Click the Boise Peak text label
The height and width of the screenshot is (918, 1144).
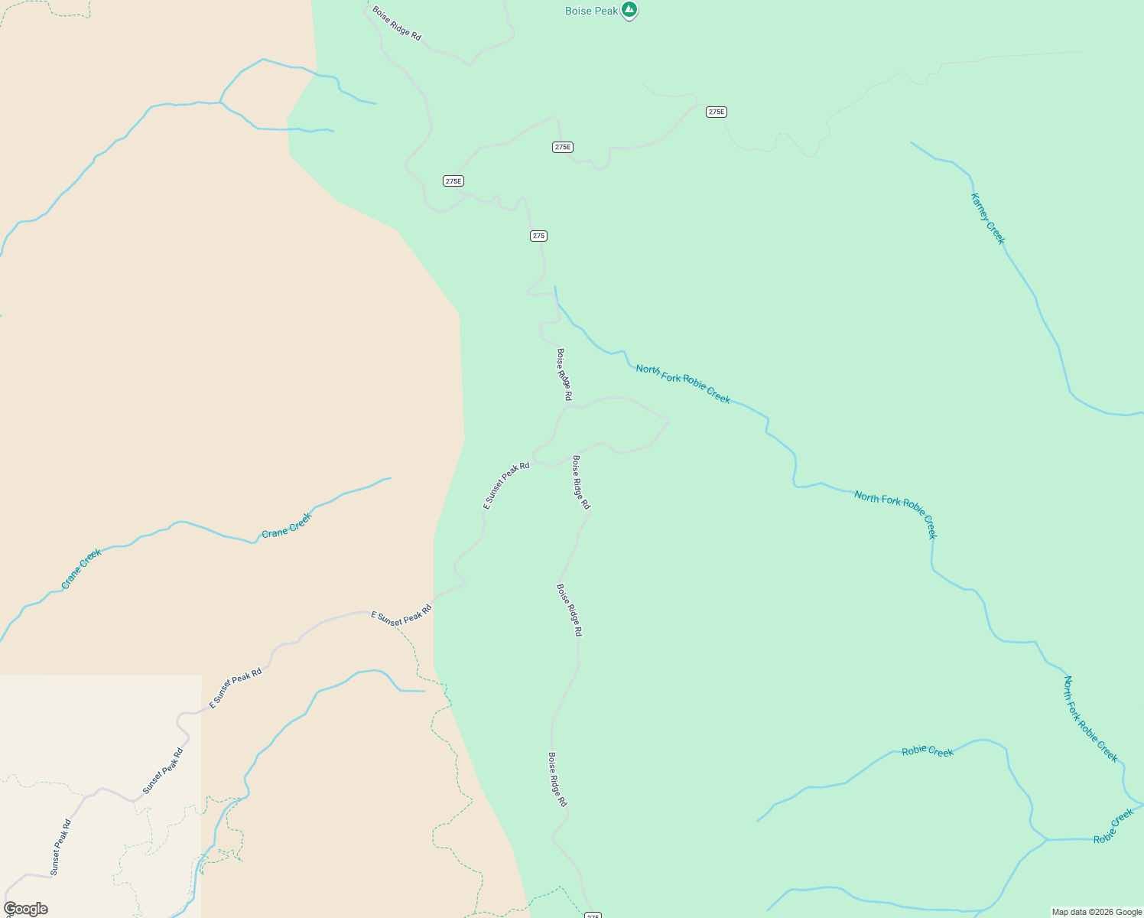click(591, 11)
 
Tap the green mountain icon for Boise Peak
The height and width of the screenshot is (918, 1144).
click(629, 10)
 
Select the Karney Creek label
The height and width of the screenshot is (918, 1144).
click(987, 219)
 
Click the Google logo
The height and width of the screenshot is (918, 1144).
click(25, 909)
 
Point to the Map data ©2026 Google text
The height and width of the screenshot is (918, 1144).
click(1097, 912)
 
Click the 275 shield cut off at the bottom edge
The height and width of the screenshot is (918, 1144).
click(593, 915)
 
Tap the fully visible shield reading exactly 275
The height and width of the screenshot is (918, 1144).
click(538, 236)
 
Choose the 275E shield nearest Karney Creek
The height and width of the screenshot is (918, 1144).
click(716, 112)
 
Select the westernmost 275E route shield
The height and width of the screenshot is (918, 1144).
click(453, 181)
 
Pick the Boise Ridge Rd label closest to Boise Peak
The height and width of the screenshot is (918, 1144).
click(397, 24)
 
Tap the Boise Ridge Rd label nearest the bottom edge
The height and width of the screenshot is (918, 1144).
click(557, 780)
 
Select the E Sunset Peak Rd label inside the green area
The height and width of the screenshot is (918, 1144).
click(506, 486)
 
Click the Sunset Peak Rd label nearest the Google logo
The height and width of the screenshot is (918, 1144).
click(60, 848)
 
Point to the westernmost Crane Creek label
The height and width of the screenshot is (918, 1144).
click(82, 569)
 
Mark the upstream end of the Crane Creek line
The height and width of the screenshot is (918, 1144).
click(390, 479)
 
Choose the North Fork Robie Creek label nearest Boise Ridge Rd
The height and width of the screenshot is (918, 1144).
click(683, 384)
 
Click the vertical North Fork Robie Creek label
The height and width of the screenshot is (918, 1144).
click(1090, 719)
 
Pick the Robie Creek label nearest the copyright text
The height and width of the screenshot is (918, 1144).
click(1113, 826)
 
